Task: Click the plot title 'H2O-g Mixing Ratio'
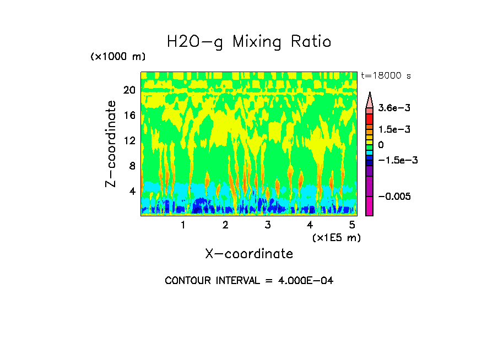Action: pyautogui.click(x=249, y=42)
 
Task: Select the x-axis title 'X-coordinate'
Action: pyautogui.click(x=249, y=254)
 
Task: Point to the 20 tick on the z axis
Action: pyautogui.click(x=128, y=90)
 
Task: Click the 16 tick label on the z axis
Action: pyautogui.click(x=128, y=115)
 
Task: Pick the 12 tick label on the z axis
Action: pyautogui.click(x=128, y=140)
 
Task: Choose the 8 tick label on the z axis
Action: pyautogui.click(x=132, y=166)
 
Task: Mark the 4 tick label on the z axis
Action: pyautogui.click(x=132, y=191)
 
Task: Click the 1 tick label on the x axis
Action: pyautogui.click(x=183, y=225)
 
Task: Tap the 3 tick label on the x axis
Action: pyautogui.click(x=267, y=225)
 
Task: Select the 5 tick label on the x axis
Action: pyautogui.click(x=352, y=225)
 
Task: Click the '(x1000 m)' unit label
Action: pyautogui.click(x=117, y=57)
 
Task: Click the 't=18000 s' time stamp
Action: pyautogui.click(x=386, y=75)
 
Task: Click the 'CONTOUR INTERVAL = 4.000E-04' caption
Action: pyautogui.click(x=249, y=281)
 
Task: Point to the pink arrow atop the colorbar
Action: pyautogui.click(x=369, y=100)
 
